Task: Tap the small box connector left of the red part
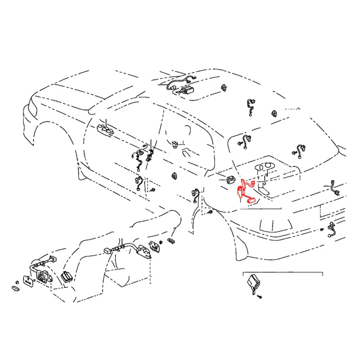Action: click(x=231, y=179)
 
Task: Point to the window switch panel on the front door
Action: click(x=105, y=129)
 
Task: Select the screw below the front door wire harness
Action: click(x=153, y=190)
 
